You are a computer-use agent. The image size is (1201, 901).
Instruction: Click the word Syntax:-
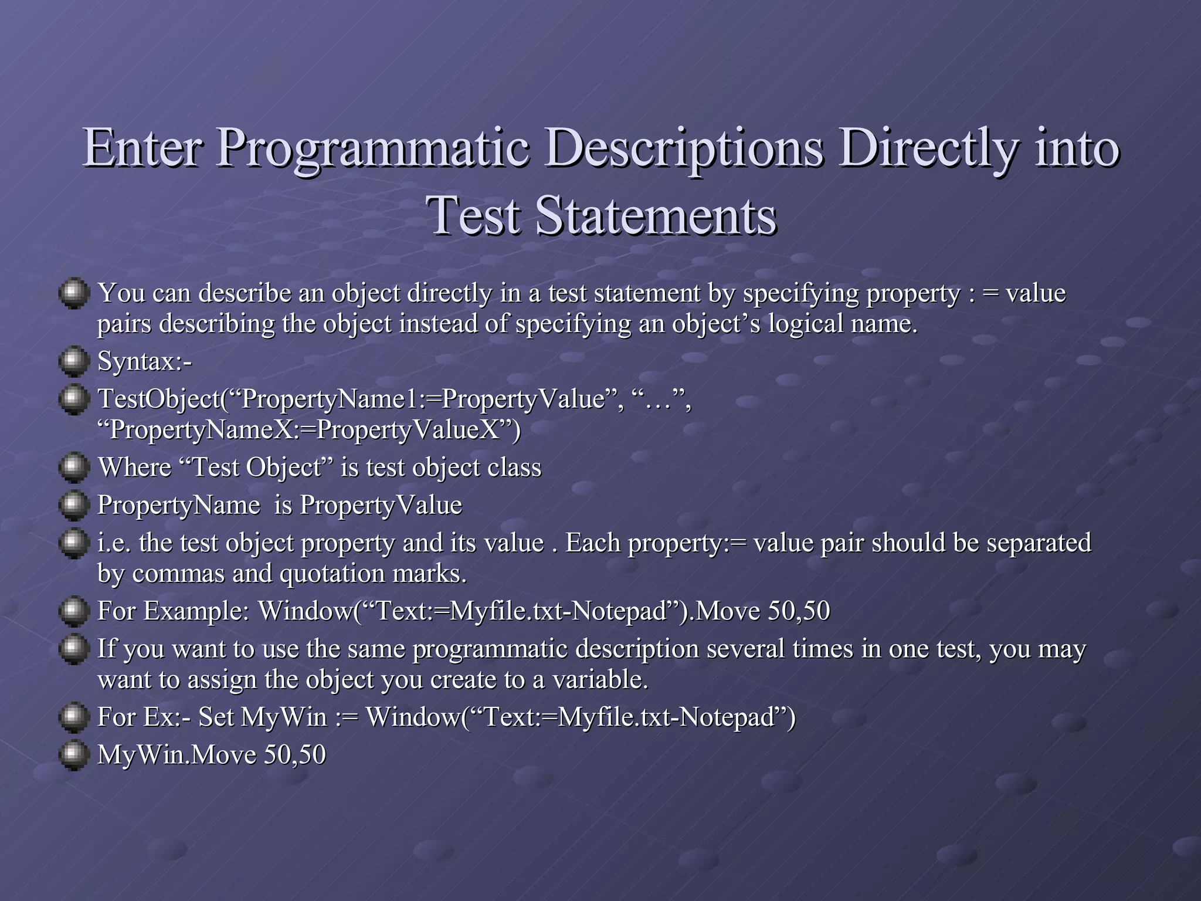click(144, 361)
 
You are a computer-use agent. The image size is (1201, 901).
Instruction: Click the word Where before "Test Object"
click(134, 468)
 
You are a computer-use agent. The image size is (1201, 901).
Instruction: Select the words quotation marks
click(373, 573)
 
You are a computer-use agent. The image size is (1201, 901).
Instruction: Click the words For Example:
click(174, 611)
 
